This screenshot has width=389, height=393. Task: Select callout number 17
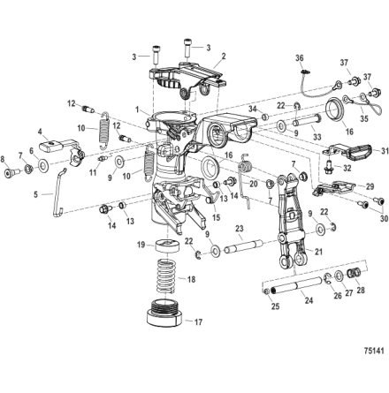(x=199, y=322)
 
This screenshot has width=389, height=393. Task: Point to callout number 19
(x=141, y=245)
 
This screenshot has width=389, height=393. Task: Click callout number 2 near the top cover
(x=224, y=56)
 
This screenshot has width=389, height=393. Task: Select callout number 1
(x=137, y=110)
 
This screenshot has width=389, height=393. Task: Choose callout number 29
(x=370, y=187)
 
